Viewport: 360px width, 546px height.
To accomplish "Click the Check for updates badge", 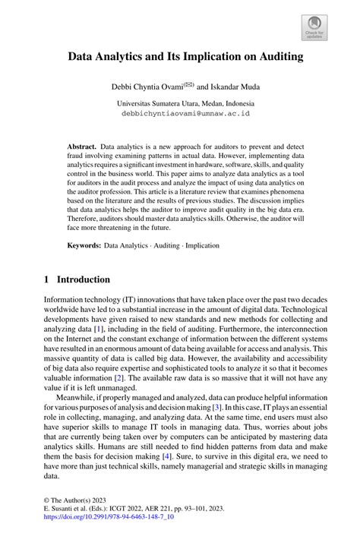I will click(314, 30).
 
